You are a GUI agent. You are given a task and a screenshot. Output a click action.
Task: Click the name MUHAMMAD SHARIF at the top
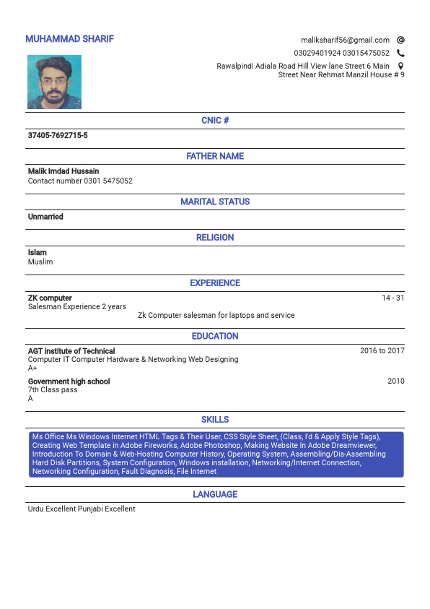click(69, 39)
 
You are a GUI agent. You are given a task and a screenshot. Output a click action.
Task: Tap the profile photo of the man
click(54, 82)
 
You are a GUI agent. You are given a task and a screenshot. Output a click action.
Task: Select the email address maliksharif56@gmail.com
click(345, 40)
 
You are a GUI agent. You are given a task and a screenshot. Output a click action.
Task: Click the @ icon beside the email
click(400, 40)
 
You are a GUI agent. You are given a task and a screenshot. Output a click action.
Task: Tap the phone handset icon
click(400, 53)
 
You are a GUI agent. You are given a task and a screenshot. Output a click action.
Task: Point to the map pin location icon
click(400, 66)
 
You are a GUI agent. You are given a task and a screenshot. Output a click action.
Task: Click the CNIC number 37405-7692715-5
click(58, 136)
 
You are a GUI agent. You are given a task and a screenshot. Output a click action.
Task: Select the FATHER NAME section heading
click(215, 156)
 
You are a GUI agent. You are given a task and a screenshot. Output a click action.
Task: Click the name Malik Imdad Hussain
click(63, 171)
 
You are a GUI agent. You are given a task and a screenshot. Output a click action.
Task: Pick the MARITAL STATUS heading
click(215, 202)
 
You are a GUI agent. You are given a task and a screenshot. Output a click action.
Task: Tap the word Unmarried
click(45, 217)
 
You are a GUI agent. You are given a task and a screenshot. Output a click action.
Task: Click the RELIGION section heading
click(215, 237)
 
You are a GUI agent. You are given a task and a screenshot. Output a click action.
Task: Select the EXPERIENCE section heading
click(215, 282)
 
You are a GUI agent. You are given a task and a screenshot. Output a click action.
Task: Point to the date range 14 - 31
click(392, 298)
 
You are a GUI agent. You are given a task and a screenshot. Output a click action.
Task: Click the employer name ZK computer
click(50, 298)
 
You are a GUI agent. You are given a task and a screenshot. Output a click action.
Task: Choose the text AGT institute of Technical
click(71, 351)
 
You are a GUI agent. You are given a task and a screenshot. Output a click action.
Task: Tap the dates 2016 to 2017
click(382, 351)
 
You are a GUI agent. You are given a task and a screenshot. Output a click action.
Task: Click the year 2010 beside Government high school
click(395, 381)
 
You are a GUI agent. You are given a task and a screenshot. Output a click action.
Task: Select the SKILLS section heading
click(215, 419)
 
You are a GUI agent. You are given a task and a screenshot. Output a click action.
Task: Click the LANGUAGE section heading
click(215, 494)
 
